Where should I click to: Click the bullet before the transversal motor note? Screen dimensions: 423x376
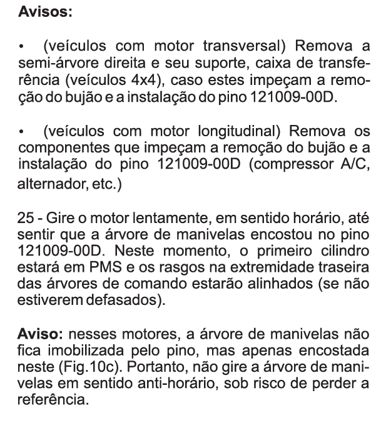(x=23, y=47)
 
